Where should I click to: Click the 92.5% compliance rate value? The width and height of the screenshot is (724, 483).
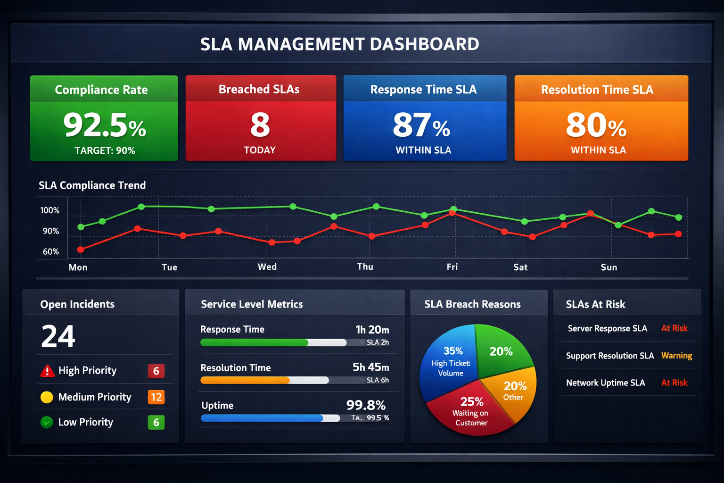coord(104,125)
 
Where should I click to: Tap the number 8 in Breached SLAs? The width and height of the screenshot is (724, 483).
coord(260,125)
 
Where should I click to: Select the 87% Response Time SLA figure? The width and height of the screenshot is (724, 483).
coord(421,125)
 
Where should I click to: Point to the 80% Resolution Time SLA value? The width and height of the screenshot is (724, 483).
coord(596,125)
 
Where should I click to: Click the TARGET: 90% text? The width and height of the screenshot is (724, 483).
coord(105,150)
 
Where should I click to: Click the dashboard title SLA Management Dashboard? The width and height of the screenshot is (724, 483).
coord(339,44)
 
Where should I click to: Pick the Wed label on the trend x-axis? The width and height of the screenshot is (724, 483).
coord(267,267)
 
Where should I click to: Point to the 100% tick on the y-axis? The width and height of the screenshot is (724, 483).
coord(50,210)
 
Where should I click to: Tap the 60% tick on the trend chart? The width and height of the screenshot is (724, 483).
coord(51,252)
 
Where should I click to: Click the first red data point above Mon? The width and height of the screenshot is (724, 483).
coord(81,250)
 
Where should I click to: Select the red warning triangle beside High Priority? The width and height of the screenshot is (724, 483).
coord(47,371)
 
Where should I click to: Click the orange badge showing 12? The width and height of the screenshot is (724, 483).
coord(156,397)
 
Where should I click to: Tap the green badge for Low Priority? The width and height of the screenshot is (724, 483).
coord(156,422)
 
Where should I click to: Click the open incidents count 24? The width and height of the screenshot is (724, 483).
coord(58,336)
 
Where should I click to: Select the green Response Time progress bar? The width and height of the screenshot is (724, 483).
coord(254,343)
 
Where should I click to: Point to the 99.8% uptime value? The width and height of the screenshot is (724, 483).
coord(366,405)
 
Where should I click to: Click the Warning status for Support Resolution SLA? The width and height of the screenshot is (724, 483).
coord(676,356)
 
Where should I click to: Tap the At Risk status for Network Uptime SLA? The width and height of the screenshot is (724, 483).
coord(674,383)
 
